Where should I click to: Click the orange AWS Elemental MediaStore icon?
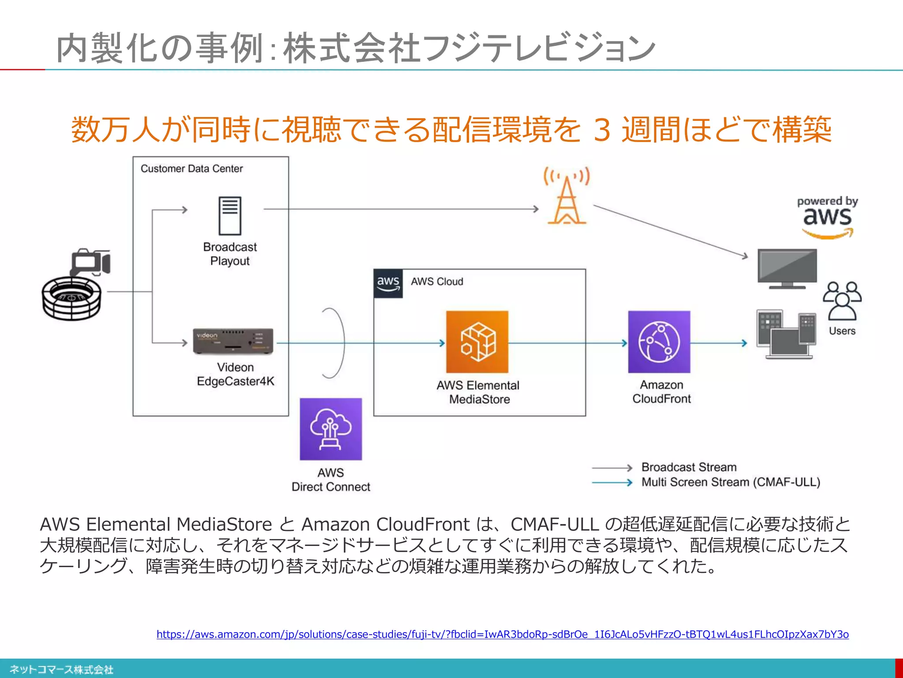pos(477,342)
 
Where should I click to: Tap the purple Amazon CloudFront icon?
pos(659,342)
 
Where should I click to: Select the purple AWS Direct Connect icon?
pos(331,429)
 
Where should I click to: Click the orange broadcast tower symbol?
pos(567,197)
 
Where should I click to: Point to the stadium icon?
pos(71,298)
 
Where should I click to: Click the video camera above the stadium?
pos(90,262)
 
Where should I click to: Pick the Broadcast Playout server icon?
pos(230,215)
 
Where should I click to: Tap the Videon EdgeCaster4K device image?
pos(233,341)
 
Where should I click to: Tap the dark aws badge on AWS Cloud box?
pos(388,283)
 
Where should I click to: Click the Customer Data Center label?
pos(192,169)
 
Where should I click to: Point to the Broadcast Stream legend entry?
pos(689,467)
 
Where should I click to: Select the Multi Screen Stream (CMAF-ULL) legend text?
pos(731,482)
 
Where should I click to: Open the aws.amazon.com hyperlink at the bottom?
pos(502,634)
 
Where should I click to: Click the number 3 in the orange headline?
pos(602,130)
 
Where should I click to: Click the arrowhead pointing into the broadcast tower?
pos(536,209)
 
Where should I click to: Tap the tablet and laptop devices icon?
pos(786,334)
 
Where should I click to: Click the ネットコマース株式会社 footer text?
pos(62,669)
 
